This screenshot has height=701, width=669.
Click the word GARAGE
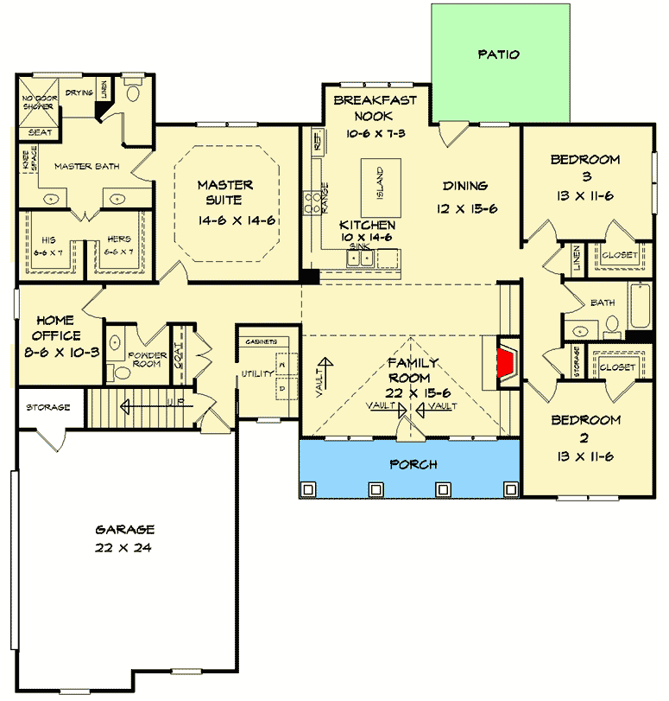(125, 530)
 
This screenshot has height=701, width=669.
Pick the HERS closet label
(120, 239)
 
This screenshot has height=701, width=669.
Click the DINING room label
(466, 185)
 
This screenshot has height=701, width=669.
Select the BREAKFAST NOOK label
(375, 107)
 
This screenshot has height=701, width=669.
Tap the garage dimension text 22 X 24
(125, 548)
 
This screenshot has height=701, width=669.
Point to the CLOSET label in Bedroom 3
(620, 256)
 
